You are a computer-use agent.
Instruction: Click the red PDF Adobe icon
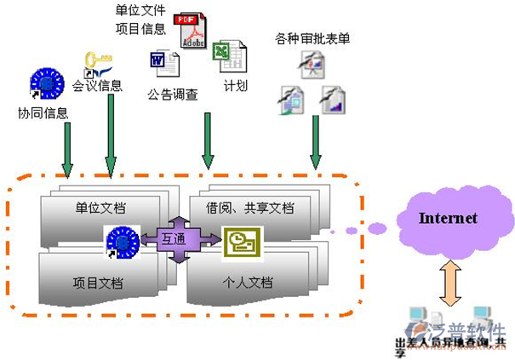[x=190, y=31]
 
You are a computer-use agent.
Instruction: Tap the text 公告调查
[x=173, y=94]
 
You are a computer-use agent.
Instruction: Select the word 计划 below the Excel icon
[x=236, y=86]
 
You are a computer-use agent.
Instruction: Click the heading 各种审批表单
[x=312, y=39]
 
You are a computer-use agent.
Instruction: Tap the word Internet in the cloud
[x=448, y=219]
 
